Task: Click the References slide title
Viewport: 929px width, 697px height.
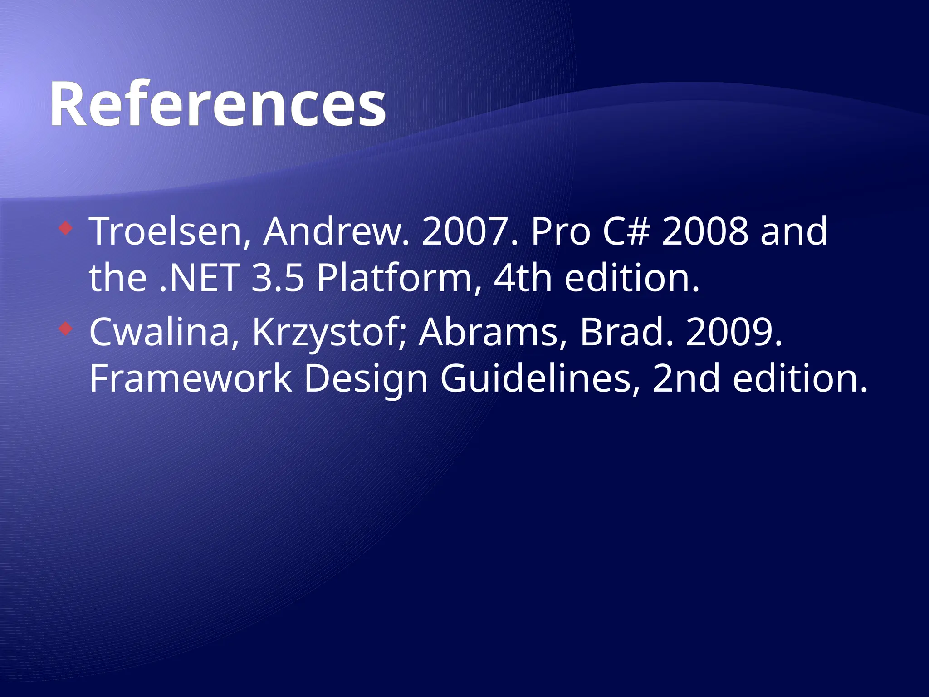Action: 218,104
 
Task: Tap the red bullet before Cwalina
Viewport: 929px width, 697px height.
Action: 66,329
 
